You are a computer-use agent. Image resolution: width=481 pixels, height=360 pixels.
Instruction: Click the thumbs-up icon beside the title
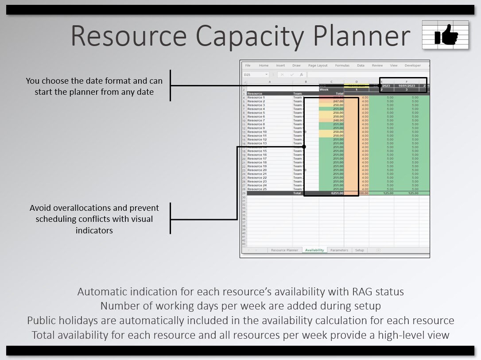(446, 35)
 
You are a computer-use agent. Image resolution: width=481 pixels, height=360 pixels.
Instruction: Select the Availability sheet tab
(314, 250)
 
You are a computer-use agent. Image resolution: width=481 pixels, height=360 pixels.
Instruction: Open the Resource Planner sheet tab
(284, 250)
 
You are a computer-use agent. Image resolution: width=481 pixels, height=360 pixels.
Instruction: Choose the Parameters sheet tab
(339, 250)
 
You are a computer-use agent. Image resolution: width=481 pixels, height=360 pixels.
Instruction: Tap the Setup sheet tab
(360, 250)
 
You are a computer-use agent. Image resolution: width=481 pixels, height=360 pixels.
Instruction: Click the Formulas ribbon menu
(342, 66)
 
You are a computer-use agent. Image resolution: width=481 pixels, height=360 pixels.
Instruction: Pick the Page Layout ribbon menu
(318, 66)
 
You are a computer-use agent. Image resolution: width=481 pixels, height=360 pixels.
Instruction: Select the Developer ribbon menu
(412, 66)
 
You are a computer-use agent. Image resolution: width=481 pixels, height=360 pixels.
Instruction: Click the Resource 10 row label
(257, 132)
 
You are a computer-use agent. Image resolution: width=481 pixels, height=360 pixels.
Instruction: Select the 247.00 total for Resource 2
(338, 101)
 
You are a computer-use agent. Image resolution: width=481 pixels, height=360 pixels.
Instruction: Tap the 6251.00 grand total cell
(337, 193)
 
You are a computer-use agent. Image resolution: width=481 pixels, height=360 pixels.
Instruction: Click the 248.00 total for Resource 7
(338, 120)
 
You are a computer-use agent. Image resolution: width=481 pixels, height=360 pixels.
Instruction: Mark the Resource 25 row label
(257, 189)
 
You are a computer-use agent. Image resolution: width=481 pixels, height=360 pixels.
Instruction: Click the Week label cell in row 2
(325, 89)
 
